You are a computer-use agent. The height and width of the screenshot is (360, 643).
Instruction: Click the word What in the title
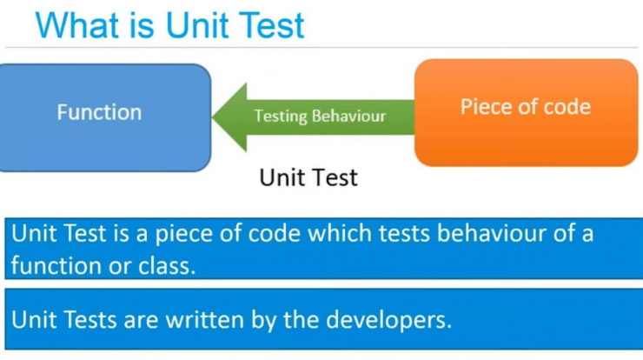coord(77,25)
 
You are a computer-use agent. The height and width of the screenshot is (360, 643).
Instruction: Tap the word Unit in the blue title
coord(198,25)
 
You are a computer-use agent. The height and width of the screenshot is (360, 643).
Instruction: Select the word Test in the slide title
coord(271,25)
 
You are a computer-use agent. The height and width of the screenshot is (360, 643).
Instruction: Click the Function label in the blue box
coord(99,112)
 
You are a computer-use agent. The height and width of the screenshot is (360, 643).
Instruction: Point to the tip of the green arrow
coord(212,117)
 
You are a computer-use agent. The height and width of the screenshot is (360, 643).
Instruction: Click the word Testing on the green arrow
coord(281,117)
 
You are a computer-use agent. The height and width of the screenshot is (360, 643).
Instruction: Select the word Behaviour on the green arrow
coord(349,117)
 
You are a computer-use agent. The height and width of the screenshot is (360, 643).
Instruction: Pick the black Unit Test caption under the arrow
coord(308,177)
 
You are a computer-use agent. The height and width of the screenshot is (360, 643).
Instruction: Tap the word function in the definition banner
coord(56,265)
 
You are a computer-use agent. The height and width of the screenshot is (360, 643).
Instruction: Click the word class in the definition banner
coord(167,265)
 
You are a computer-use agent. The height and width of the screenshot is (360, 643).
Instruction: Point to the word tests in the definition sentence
coord(404,234)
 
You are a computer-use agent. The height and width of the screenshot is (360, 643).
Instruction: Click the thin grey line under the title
coord(321,48)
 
